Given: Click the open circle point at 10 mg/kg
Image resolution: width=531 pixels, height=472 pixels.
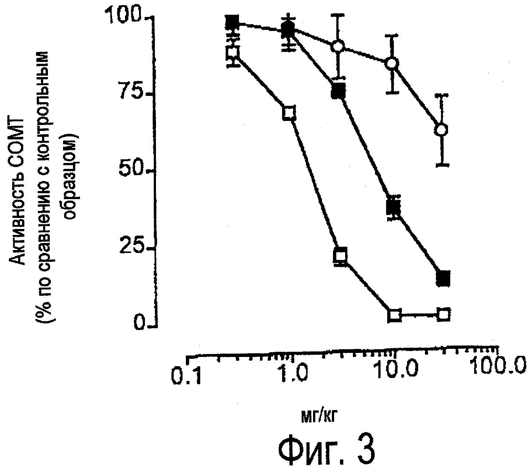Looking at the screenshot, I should click(x=393, y=63).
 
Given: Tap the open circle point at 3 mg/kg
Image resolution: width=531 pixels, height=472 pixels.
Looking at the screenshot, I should click(x=338, y=47).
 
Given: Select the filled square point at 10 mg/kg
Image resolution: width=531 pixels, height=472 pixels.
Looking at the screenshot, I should click(x=393, y=208).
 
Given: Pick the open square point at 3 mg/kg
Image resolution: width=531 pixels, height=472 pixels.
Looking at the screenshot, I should click(x=340, y=255).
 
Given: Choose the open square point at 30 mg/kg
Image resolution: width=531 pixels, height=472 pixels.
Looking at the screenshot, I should click(x=444, y=314).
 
